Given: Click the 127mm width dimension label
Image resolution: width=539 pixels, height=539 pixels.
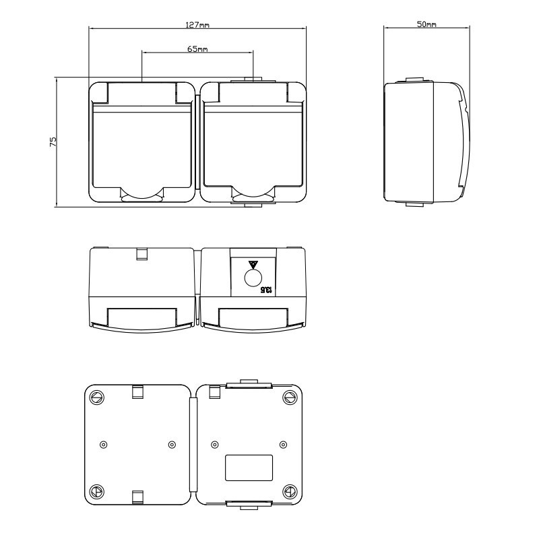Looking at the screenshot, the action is (x=197, y=25).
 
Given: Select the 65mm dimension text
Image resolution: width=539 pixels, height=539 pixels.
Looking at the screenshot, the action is (x=197, y=49).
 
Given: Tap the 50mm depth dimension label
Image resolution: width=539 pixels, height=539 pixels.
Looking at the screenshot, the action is (x=426, y=24).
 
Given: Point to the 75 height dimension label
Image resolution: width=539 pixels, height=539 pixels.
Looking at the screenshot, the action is (x=53, y=142).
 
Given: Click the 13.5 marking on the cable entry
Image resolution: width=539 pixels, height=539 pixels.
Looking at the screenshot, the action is (x=267, y=290).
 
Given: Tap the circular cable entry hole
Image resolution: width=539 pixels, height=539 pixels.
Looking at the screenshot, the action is (x=253, y=278).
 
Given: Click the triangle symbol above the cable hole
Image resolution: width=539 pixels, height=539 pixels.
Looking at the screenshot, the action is (x=253, y=264).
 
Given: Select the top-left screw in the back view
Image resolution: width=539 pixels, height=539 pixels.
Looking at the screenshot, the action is (x=96, y=398).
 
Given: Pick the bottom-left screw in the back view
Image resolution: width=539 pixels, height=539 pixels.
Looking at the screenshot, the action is (x=96, y=492).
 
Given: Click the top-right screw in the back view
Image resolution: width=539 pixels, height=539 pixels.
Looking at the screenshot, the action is (x=290, y=398).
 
